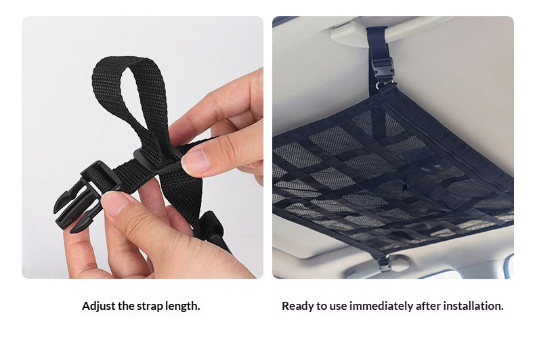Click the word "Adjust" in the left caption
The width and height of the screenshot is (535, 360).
pos(99,306)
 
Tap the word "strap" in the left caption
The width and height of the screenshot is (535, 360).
pos(150,307)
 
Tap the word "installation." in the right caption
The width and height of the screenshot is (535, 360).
pos(473,306)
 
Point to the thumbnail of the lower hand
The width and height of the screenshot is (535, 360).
pos(114,203)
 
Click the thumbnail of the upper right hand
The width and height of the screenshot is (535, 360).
pos(195,161)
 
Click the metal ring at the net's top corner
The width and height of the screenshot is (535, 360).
pos(379,85)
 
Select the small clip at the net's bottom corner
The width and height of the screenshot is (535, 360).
pos(384,263)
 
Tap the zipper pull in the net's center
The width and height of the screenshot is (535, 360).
pos(405,187)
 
